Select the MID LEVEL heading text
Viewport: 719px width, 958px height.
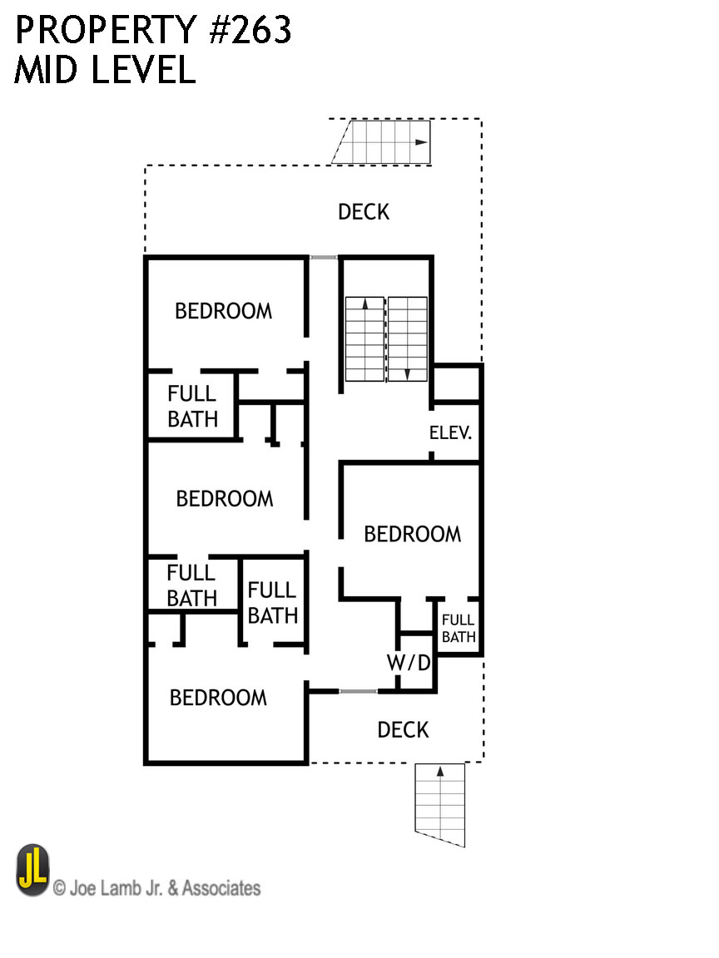[105, 71]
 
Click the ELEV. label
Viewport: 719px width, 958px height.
[451, 433]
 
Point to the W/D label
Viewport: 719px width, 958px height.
[409, 664]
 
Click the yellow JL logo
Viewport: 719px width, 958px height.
[33, 871]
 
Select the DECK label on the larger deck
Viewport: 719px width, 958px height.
[364, 212]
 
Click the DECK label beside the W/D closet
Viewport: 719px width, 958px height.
[403, 730]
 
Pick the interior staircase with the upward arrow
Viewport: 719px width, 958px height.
[364, 338]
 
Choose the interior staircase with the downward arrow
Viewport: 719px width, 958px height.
[408, 338]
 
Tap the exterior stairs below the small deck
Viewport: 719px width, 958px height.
[439, 804]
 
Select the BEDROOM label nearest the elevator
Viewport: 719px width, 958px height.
[412, 534]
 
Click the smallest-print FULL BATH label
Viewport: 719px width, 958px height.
[458, 628]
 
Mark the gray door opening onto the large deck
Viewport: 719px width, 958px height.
[323, 257]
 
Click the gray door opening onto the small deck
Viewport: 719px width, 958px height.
[358, 691]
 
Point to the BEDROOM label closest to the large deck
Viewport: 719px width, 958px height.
[223, 311]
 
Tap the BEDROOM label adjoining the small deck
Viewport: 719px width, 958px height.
[218, 698]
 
